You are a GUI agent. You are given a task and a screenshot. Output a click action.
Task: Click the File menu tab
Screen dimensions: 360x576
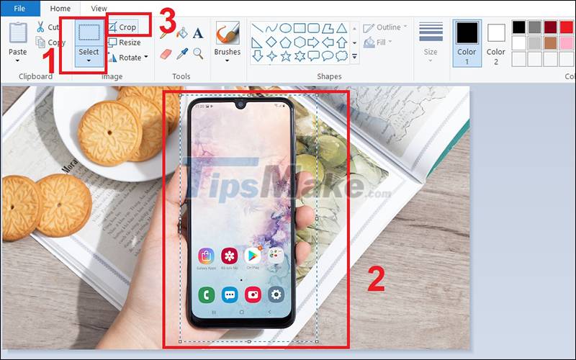click(x=20, y=8)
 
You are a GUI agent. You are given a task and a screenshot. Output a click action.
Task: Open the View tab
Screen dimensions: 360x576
click(x=99, y=8)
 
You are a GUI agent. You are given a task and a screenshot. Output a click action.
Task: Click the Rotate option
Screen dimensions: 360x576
click(x=128, y=58)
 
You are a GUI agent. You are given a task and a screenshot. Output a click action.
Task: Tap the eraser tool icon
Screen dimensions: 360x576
click(x=166, y=53)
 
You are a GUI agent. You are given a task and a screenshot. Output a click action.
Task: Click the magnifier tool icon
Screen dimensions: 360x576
click(x=198, y=53)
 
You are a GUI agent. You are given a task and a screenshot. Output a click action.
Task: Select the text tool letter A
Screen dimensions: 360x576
click(x=198, y=33)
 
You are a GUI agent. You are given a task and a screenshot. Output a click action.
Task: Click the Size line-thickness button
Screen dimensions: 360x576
click(x=431, y=40)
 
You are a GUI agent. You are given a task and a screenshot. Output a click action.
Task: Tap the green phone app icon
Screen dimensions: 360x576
click(x=207, y=294)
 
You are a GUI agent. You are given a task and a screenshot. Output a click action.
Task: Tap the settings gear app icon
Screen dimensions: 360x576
click(x=275, y=294)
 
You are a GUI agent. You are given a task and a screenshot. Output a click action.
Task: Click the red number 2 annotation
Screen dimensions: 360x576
click(x=376, y=279)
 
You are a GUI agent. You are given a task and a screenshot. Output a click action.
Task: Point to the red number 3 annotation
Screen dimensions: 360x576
click(x=166, y=20)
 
